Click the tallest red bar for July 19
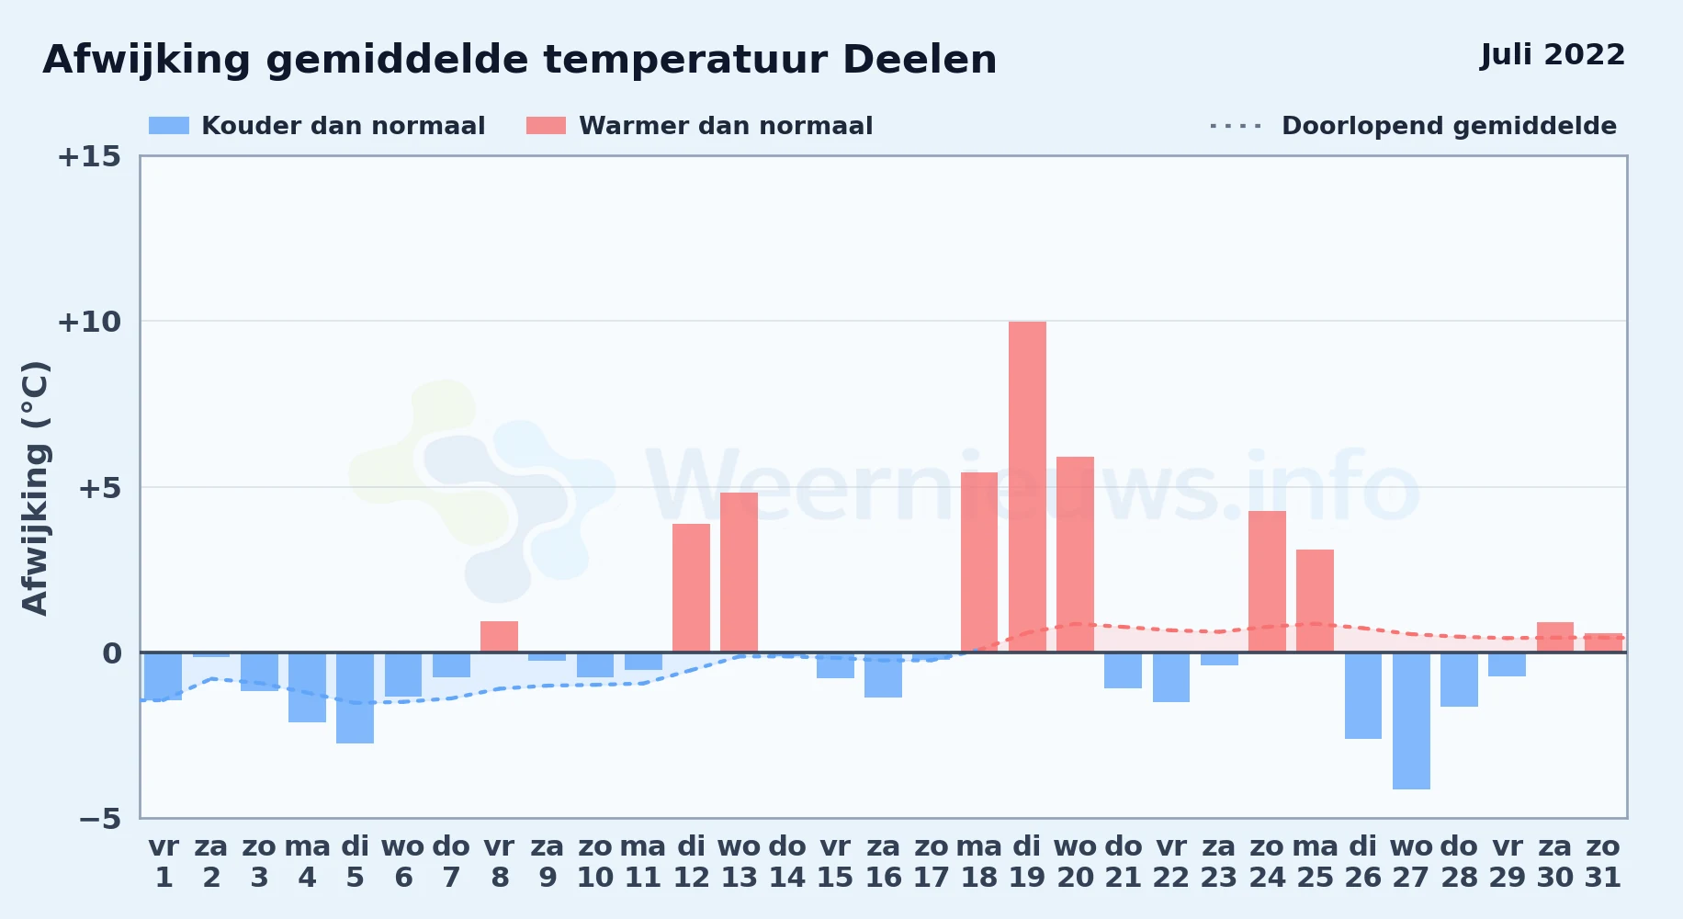(x=1027, y=487)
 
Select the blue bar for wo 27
(x=1411, y=720)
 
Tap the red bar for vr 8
(x=499, y=637)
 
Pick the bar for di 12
(x=691, y=588)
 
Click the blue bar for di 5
(x=355, y=698)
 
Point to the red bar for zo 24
(x=1267, y=582)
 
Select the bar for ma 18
(x=979, y=562)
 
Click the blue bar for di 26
(x=1363, y=696)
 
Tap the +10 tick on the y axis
(x=89, y=322)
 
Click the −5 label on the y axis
(x=99, y=818)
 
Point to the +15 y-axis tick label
(x=89, y=156)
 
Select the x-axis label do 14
(x=787, y=862)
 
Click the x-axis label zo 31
(x=1603, y=862)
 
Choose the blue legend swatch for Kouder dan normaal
(x=169, y=126)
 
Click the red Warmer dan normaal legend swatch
(x=546, y=126)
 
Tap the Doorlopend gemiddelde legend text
(x=1449, y=126)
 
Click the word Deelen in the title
(x=920, y=60)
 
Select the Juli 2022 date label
(x=1553, y=54)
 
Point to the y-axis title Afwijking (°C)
(x=35, y=488)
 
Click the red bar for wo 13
(x=739, y=573)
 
